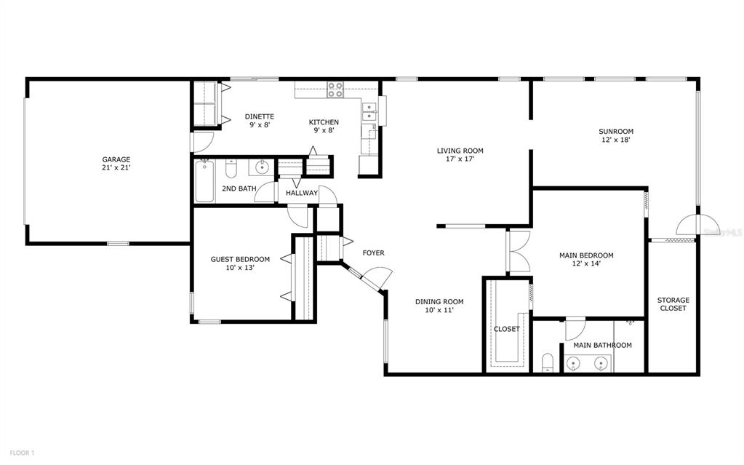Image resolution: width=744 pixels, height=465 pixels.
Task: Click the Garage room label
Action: [116, 159]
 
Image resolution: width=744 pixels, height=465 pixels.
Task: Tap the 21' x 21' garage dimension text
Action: [116, 167]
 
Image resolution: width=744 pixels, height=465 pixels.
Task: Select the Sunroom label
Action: [616, 132]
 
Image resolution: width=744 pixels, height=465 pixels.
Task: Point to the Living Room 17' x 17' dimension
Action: [460, 159]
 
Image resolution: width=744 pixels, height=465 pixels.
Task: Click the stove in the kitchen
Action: [335, 90]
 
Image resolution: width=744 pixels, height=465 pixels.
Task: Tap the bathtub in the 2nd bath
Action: [204, 181]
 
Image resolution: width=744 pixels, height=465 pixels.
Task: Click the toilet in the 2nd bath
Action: [231, 168]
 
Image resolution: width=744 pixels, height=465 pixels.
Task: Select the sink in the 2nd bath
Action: [261, 167]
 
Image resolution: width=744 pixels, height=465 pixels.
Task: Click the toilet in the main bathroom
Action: [548, 362]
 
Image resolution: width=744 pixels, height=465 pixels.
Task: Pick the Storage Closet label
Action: [673, 304]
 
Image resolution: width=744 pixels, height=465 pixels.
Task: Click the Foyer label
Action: [373, 253]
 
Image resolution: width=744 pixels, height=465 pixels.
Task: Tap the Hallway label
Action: [302, 193]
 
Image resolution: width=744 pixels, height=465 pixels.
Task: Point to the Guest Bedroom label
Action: [240, 259]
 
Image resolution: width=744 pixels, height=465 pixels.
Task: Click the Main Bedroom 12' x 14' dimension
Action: [586, 263]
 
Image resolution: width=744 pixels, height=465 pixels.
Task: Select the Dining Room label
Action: [439, 301]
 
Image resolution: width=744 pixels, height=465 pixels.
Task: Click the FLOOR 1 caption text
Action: [22, 453]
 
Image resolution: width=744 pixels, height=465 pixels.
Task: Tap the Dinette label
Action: [260, 117]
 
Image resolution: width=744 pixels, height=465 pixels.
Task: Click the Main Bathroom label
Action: [603, 346]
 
